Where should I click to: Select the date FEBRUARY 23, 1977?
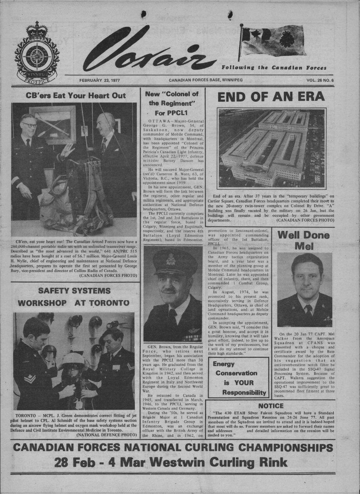click(99, 80)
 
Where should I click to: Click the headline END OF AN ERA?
click(271, 97)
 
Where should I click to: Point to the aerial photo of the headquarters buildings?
click(271, 148)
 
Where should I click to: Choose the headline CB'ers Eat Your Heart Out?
click(76, 96)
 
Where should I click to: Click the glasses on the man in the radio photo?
click(30, 125)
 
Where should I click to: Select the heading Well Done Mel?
click(304, 241)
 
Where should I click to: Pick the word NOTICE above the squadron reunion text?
click(270, 406)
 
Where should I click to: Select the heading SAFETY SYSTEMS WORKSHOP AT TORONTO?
click(74, 297)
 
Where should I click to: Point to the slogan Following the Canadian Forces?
click(274, 68)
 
